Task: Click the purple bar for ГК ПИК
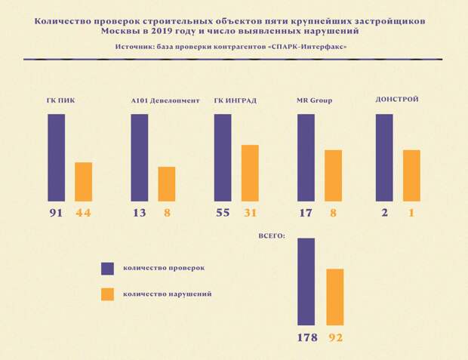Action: (56, 157)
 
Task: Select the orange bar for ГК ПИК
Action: (83, 181)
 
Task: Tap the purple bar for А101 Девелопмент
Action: (139, 157)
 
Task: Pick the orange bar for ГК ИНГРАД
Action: (250, 173)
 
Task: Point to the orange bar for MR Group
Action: (333, 175)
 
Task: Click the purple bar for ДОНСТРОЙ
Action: (383, 157)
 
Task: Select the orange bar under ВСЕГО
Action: (334, 297)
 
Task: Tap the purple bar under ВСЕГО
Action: (306, 282)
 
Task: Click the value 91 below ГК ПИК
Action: (56, 214)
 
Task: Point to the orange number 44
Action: (83, 214)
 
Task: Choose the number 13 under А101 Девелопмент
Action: (140, 214)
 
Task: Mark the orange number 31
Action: (250, 214)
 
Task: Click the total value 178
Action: (307, 337)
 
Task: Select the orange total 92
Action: (335, 337)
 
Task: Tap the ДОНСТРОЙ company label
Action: (397, 99)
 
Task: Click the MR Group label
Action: (315, 100)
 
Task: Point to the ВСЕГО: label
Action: (271, 236)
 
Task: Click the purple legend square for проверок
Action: (107, 268)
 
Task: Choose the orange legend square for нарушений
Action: (107, 294)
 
